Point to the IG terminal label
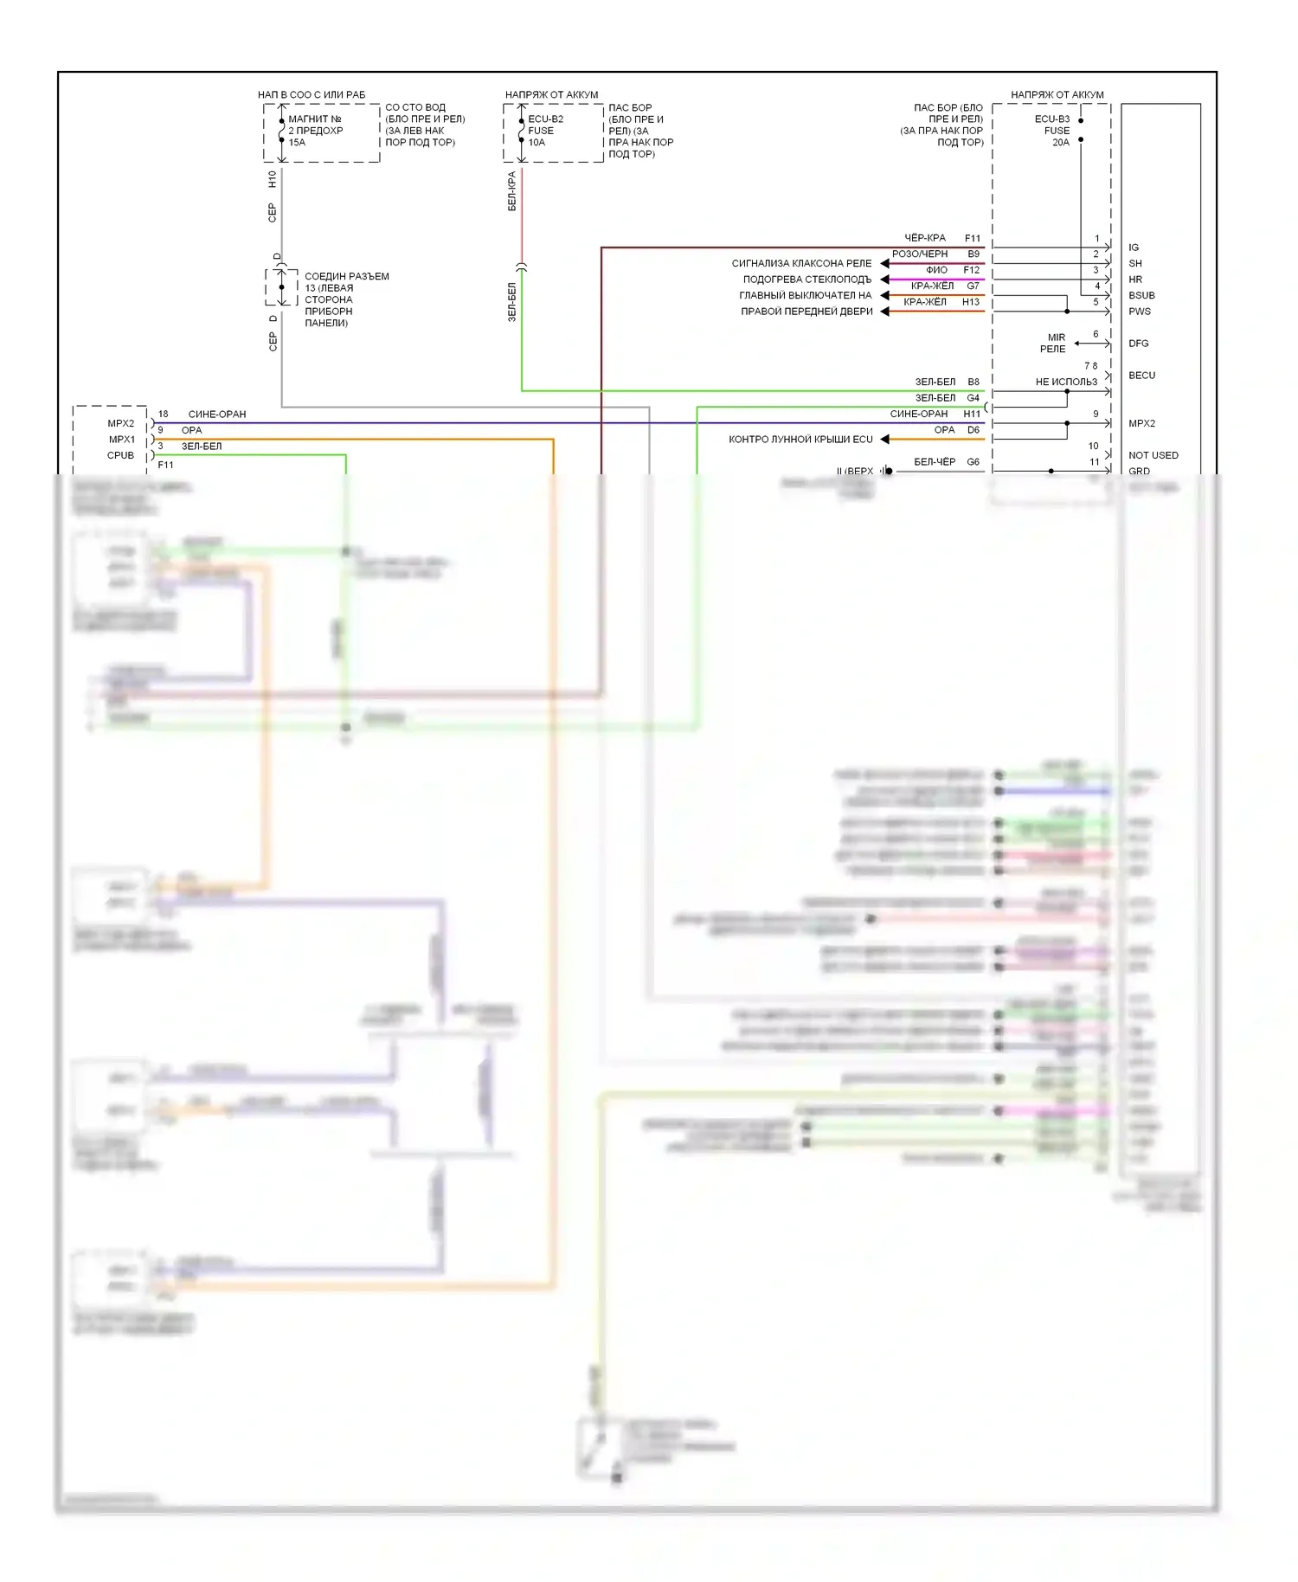coord(1134,248)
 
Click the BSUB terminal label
coord(1141,295)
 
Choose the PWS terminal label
coord(1140,312)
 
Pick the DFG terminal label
coord(1139,344)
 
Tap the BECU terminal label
coord(1141,376)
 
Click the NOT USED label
coord(1153,455)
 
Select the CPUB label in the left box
coord(120,455)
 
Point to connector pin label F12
coord(971,270)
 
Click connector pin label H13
coord(971,302)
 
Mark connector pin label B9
coord(973,254)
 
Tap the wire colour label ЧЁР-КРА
coord(925,238)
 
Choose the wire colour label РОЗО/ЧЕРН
coord(920,254)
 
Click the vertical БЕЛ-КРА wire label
coord(511,191)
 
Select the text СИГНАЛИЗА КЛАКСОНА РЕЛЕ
coord(801,263)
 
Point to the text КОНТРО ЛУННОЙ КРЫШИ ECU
coord(800,440)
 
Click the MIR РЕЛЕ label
coord(1054,344)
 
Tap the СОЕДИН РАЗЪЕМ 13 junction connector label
coord(345,299)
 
